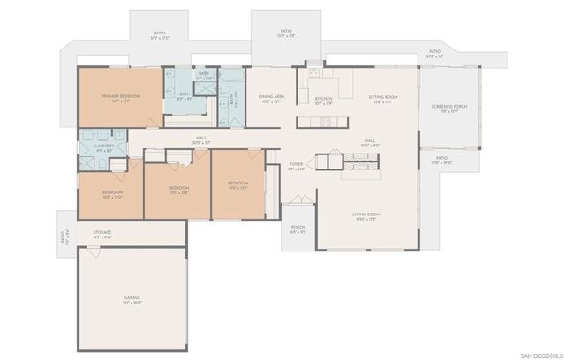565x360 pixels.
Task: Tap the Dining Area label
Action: tap(271, 97)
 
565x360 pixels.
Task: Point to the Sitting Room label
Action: tap(383, 97)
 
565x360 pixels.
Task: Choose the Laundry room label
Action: tap(105, 148)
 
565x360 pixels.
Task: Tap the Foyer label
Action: tap(297, 164)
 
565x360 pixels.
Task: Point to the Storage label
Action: tap(102, 232)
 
